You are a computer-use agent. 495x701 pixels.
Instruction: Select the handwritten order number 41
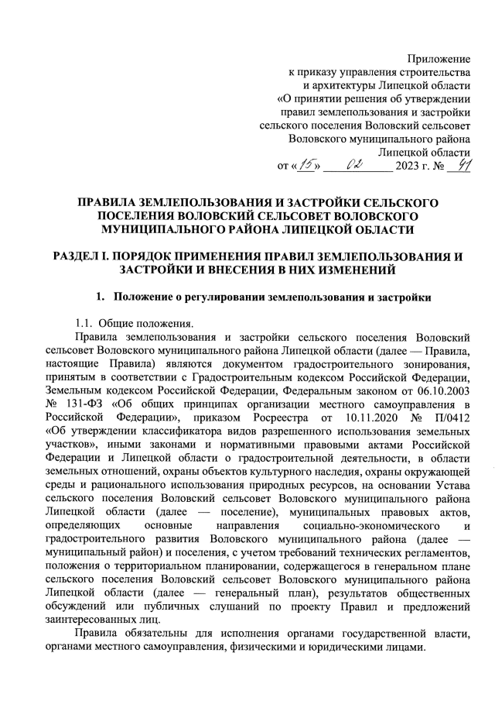coord(462,164)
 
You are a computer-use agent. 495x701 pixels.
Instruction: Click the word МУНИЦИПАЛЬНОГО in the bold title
coord(163,229)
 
